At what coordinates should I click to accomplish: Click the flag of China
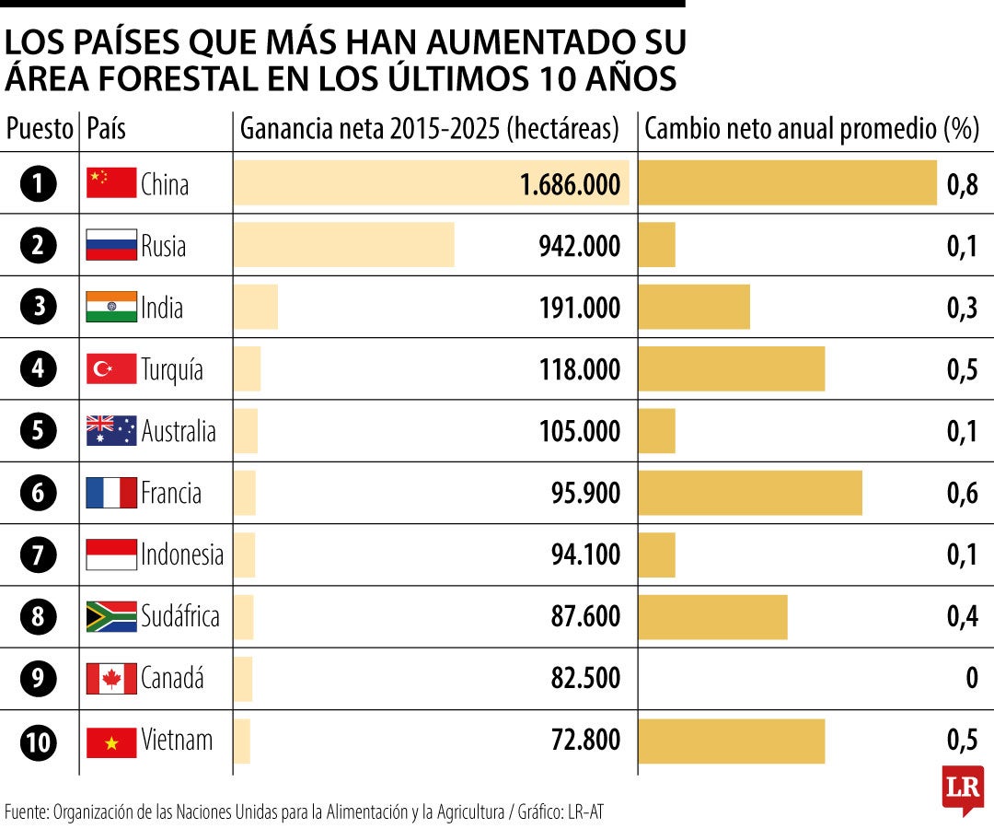click(111, 183)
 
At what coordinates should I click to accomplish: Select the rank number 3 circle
click(39, 307)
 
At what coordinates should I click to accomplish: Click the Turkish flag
click(111, 369)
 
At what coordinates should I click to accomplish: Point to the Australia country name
click(179, 431)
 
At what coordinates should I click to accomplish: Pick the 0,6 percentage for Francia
click(962, 493)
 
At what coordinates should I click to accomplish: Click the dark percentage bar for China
click(787, 182)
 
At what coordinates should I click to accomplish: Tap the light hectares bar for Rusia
click(343, 245)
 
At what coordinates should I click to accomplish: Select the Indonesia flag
click(111, 555)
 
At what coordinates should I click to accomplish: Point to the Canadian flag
click(111, 679)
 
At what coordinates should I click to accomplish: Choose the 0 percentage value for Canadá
click(971, 679)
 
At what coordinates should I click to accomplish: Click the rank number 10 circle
click(39, 741)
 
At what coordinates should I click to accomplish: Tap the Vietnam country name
click(177, 741)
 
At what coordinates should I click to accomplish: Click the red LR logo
click(963, 788)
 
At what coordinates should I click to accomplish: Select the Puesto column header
click(40, 130)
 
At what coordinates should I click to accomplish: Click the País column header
click(106, 130)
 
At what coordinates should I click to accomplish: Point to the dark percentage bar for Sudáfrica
click(712, 617)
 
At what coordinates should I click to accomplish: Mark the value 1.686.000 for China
click(570, 184)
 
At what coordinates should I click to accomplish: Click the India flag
click(111, 307)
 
